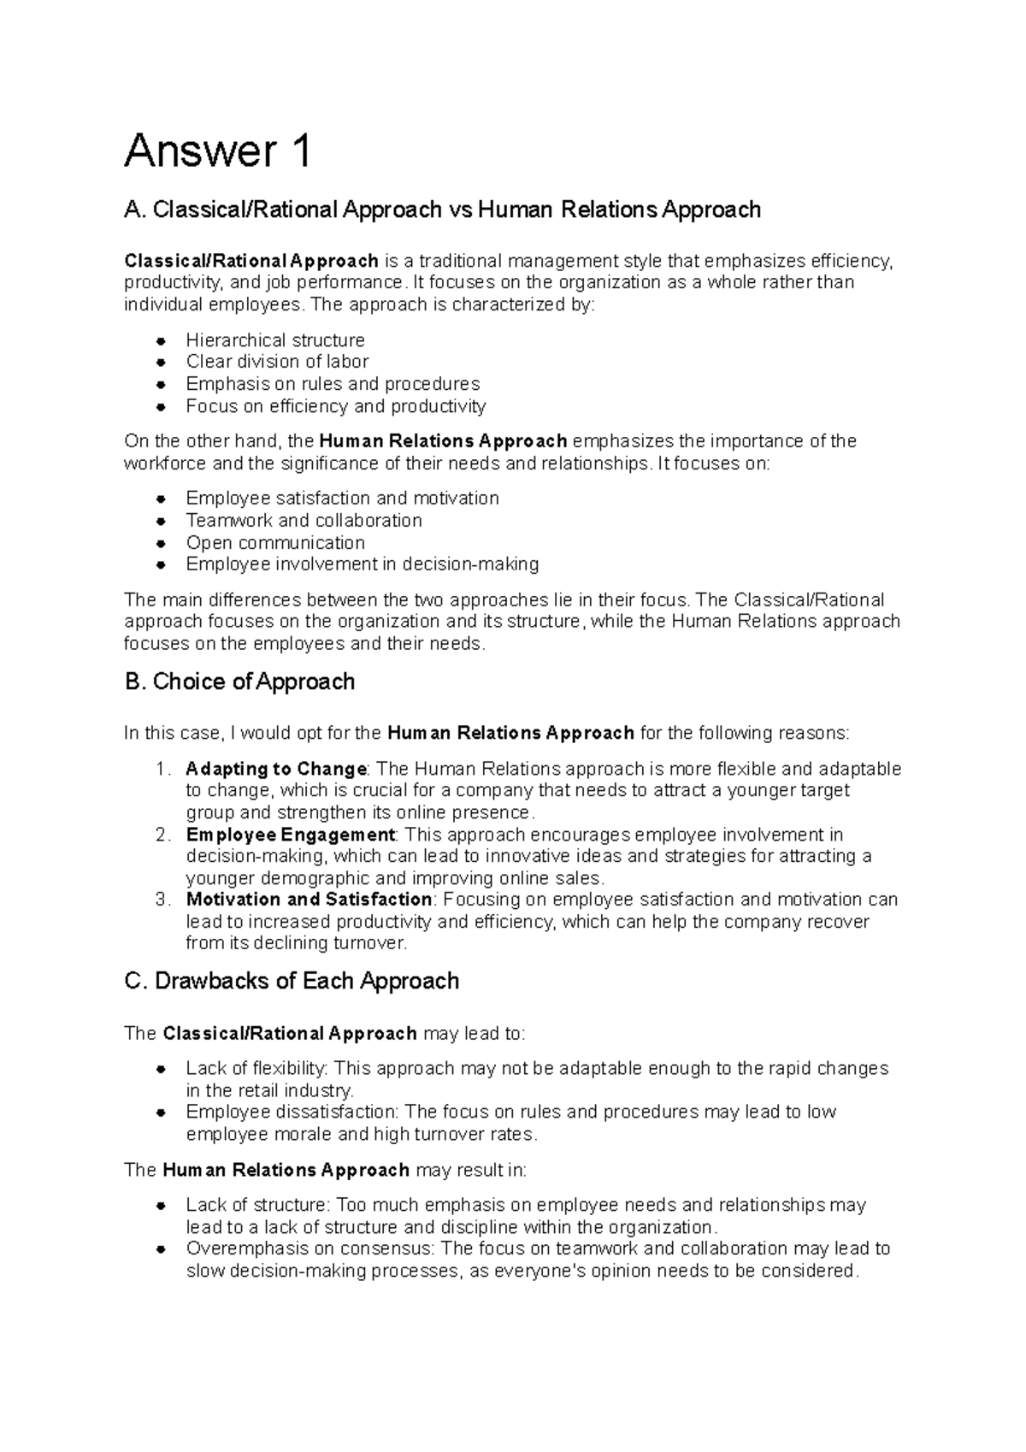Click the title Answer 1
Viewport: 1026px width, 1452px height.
click(x=217, y=151)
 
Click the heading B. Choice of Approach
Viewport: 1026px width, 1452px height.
click(x=239, y=682)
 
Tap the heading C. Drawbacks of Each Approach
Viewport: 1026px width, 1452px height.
click(x=292, y=981)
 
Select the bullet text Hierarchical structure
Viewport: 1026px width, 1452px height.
click(x=275, y=340)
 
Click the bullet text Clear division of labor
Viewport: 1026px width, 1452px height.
click(x=277, y=362)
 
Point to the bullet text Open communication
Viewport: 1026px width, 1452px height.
click(x=275, y=543)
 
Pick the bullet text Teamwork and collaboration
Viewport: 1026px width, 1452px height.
click(x=304, y=521)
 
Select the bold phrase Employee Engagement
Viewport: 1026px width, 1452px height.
click(x=291, y=835)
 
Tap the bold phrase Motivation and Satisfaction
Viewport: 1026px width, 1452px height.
click(x=310, y=900)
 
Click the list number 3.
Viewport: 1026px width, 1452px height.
click(x=163, y=900)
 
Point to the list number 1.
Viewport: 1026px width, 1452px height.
click(x=163, y=769)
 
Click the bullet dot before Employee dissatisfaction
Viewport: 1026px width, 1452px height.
click(x=161, y=1113)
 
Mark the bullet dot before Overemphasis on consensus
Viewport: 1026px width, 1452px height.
click(x=161, y=1250)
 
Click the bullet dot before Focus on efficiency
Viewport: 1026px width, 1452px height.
click(x=161, y=407)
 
